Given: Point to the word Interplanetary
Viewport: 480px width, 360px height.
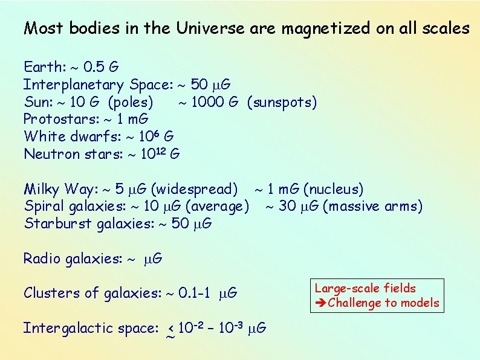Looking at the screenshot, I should click(x=74, y=85).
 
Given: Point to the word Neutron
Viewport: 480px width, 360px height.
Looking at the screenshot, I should click(x=49, y=154).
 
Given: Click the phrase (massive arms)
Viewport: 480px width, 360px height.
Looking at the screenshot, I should click(x=373, y=207).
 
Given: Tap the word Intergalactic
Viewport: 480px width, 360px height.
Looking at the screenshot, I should click(x=65, y=329).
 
